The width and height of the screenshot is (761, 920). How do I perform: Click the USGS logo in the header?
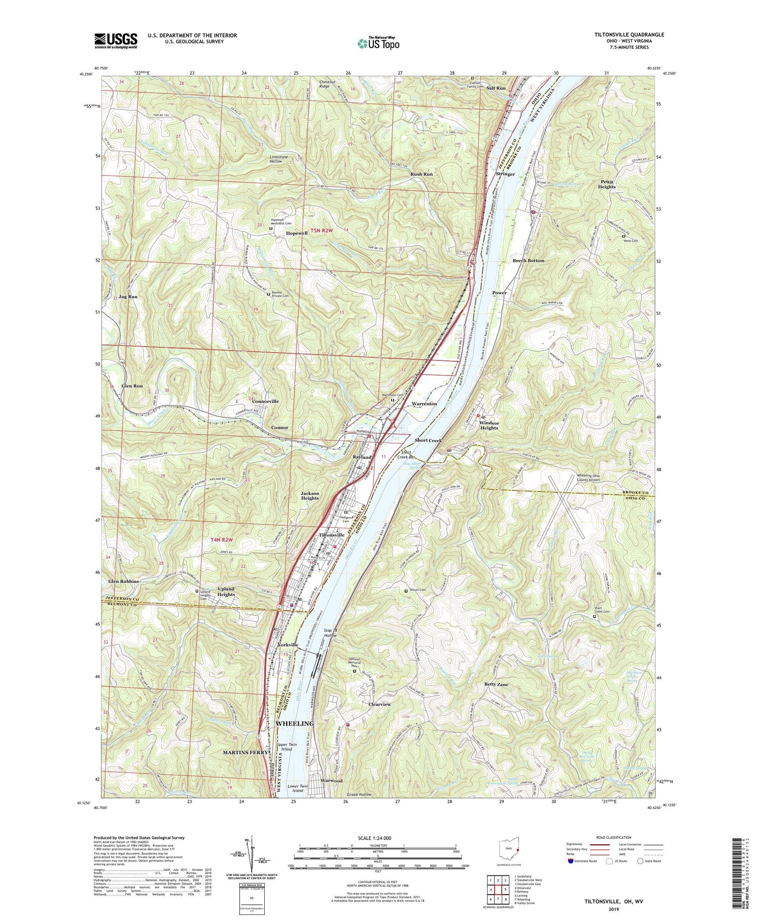116,41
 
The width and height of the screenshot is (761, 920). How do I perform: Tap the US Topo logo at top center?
378,43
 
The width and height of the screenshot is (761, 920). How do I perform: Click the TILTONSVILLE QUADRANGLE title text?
622,35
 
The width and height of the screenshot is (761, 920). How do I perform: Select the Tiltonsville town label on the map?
331,535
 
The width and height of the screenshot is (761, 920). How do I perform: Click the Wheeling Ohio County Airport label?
588,478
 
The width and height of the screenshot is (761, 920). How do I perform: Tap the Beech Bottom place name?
528,260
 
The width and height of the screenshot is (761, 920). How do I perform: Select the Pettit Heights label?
606,184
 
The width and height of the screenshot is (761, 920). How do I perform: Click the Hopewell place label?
297,233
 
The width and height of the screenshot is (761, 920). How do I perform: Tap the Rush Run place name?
422,174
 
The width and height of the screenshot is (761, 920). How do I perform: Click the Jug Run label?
126,296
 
